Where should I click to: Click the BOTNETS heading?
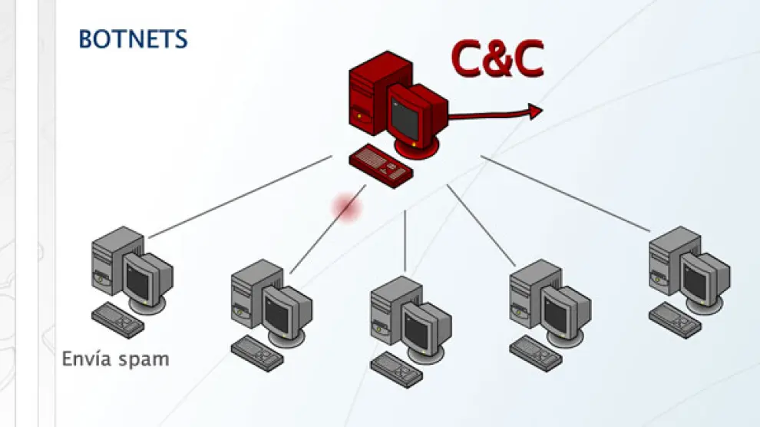coord(133,39)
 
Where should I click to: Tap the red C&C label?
coord(497,58)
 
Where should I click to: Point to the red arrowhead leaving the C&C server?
coord(535,112)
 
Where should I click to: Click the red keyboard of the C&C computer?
coord(381,166)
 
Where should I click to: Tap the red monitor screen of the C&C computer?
coord(405,118)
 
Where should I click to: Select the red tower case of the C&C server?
coord(372,92)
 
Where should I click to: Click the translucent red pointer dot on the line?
coord(348,207)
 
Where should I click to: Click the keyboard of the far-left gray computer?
coord(117,320)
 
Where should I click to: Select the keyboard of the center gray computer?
coord(397,370)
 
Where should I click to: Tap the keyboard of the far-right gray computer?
coord(676,320)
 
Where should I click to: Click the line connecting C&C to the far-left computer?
coord(240,197)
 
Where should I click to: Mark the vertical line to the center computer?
coord(405,240)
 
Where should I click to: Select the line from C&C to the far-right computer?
coord(566,194)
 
